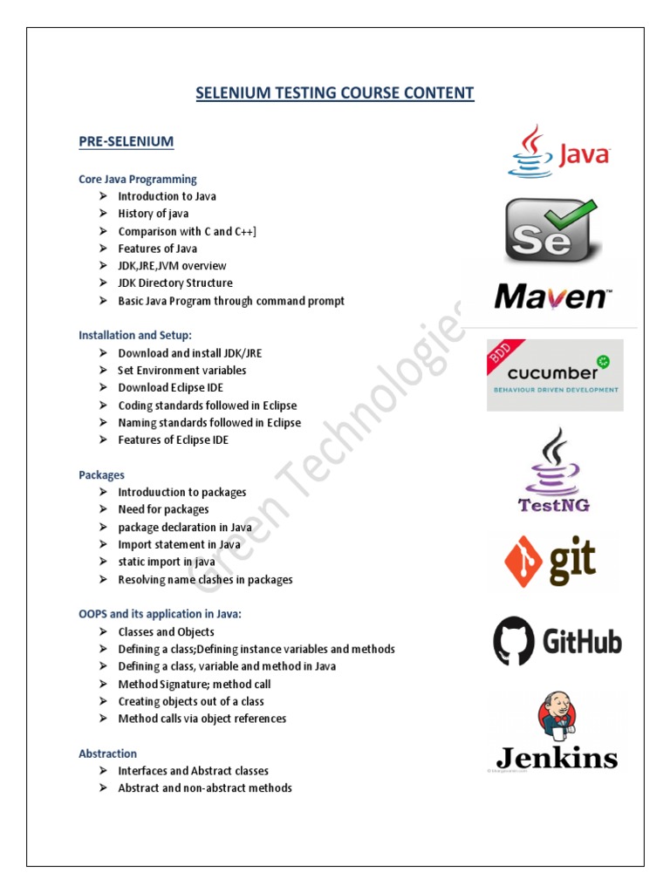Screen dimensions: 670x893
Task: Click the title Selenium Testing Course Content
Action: point(335,92)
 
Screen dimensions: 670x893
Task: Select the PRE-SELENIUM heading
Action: point(126,141)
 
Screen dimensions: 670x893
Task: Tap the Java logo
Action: point(558,153)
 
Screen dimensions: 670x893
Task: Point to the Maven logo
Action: point(551,297)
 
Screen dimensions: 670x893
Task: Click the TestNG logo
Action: point(554,470)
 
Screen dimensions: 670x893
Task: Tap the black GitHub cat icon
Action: point(513,642)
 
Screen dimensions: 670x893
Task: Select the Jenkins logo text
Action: point(557,757)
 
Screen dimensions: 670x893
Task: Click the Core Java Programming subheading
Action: point(138,179)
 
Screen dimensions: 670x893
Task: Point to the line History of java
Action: point(154,214)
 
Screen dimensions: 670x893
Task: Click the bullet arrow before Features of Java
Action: point(102,249)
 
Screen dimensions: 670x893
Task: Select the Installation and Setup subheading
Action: point(135,335)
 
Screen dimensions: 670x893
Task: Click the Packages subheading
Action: point(101,474)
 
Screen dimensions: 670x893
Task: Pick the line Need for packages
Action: point(163,509)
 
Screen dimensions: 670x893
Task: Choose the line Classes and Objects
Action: point(166,631)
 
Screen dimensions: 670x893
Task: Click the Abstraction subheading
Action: point(107,753)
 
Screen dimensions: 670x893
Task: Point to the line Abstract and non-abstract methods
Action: point(205,788)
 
